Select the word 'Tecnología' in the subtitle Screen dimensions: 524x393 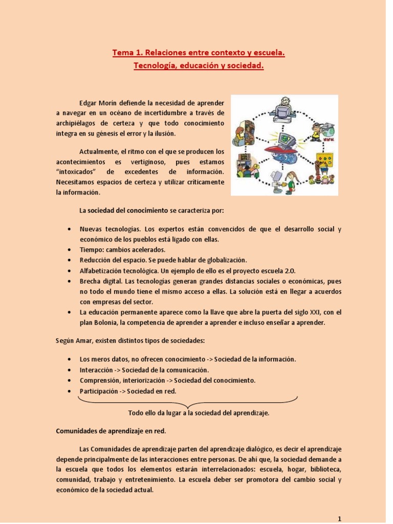(x=155, y=65)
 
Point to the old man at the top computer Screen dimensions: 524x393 (x=285, y=104)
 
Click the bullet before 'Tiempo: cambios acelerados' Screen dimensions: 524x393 (x=69, y=250)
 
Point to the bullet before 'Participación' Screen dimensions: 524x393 (x=69, y=391)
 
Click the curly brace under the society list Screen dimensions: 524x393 (x=188, y=402)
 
